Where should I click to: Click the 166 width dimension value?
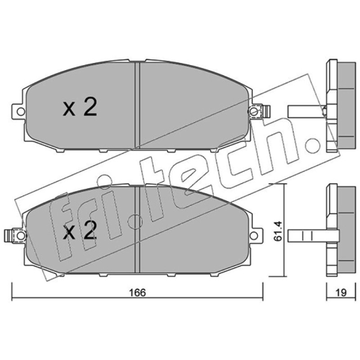[138, 292]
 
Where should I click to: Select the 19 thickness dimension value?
[341, 292]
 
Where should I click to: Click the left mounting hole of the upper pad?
[21, 112]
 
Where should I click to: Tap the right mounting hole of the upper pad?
[253, 112]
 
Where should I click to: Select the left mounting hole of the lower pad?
[21, 235]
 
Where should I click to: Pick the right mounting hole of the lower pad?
[253, 235]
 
